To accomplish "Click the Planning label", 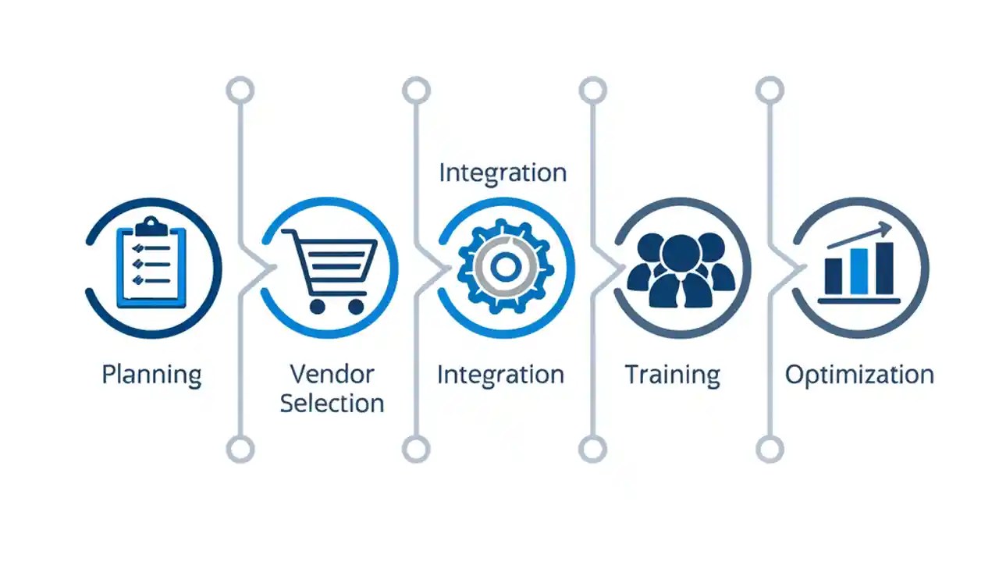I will tap(151, 375).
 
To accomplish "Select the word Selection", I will tap(332, 403).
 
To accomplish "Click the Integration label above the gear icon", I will tap(503, 173).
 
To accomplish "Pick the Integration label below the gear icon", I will tap(500, 375).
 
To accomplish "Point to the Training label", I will tap(672, 375).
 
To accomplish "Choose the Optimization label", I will tap(859, 375).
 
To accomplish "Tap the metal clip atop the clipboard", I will tap(151, 226).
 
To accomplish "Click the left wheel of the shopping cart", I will tap(317, 306).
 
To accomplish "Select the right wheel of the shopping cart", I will tap(356, 306).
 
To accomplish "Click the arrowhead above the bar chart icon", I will tap(884, 229).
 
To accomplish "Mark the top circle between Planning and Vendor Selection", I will tap(240, 91).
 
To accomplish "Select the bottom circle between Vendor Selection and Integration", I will tap(416, 449).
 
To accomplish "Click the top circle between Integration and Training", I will tap(593, 91).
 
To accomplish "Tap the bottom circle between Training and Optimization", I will tap(770, 449).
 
